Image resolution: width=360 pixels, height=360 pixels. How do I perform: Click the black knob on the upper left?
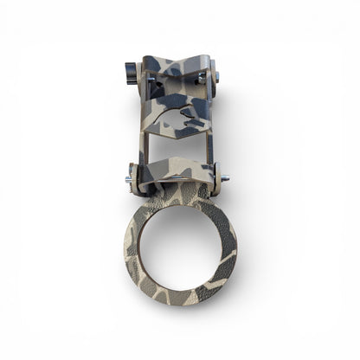click(x=131, y=69)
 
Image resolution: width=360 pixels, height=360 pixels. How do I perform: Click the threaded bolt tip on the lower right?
click(x=225, y=177)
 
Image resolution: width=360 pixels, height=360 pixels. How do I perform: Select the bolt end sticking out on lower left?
click(x=128, y=180)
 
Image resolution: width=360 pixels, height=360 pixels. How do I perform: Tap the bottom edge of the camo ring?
click(x=179, y=294)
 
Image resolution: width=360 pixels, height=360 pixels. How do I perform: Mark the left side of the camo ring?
click(x=132, y=247)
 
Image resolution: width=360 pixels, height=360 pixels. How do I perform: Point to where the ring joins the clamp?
click(x=178, y=196)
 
